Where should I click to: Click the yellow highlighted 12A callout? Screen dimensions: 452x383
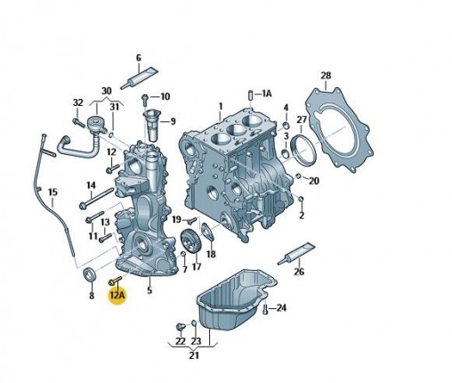(117, 295)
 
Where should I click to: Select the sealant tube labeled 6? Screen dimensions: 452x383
(139, 77)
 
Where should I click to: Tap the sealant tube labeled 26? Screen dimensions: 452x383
(296, 253)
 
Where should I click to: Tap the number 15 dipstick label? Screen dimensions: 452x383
(52, 192)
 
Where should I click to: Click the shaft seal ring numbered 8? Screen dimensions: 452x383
(90, 273)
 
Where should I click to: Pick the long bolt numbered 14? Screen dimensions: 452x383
(96, 197)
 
